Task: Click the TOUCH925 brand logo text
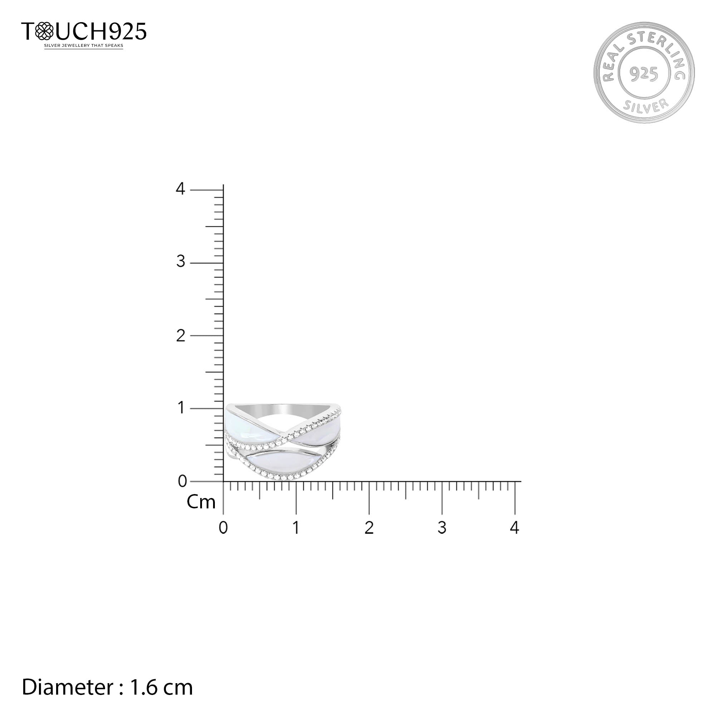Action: pos(84,31)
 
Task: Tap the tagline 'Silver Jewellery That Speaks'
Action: pos(84,46)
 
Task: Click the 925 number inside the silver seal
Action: pos(644,74)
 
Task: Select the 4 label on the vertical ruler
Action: pos(180,189)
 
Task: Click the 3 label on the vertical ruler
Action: pos(181,262)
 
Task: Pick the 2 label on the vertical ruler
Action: pos(181,336)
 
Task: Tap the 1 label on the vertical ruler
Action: pos(181,408)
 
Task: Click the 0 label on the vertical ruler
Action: pos(182,481)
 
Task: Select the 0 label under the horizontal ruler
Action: pos(223,528)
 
